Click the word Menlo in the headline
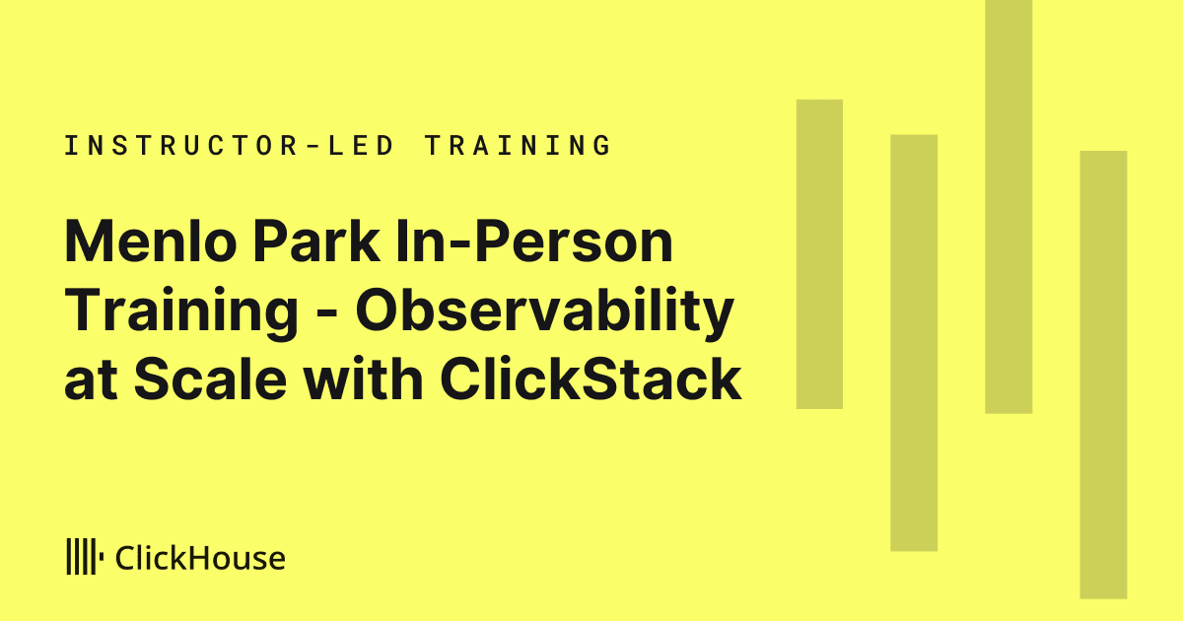(151, 241)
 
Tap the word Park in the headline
(316, 241)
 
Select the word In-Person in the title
(534, 241)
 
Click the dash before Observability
(327, 315)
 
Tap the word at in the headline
(91, 379)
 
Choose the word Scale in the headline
(211, 379)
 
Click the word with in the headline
(364, 379)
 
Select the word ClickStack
(591, 379)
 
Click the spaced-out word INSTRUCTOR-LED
(229, 145)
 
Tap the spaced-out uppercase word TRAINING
(519, 145)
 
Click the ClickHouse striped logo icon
(85, 556)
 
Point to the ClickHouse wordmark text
(200, 558)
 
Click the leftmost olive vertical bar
(819, 254)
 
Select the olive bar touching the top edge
(1009, 206)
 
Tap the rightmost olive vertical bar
(1103, 375)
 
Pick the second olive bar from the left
(914, 343)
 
